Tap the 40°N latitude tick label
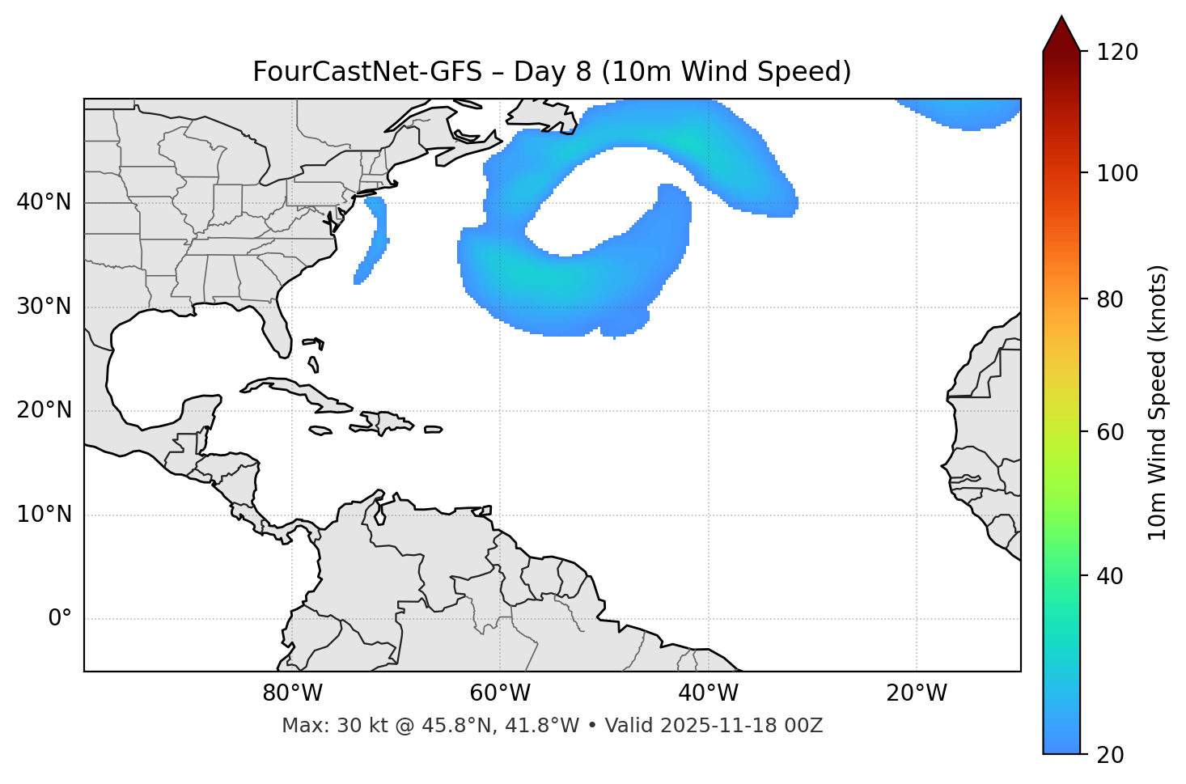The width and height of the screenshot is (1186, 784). click(x=44, y=202)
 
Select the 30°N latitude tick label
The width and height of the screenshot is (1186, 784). click(x=44, y=307)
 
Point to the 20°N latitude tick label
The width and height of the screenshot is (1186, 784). click(x=44, y=410)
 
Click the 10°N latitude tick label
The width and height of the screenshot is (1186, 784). click(x=44, y=515)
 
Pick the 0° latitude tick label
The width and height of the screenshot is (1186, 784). click(x=60, y=619)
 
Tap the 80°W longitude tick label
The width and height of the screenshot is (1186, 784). click(x=292, y=693)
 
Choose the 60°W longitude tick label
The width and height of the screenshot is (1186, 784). click(x=500, y=693)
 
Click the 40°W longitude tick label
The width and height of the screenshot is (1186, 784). click(x=709, y=693)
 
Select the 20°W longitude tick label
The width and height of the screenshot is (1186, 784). click(x=917, y=693)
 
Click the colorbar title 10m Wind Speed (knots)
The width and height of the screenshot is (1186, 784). click(x=1158, y=402)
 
